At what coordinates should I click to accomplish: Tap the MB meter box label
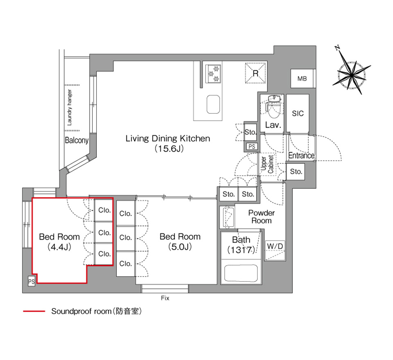[x=302, y=79]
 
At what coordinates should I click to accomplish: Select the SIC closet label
[x=298, y=113]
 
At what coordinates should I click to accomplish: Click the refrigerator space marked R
[x=255, y=73]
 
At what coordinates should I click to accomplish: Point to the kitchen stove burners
[x=213, y=74]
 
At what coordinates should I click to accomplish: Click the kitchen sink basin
[x=213, y=104]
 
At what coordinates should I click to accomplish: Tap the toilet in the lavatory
[x=274, y=107]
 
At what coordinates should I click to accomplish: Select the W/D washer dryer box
[x=275, y=250]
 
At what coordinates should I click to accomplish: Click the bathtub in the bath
[x=241, y=273]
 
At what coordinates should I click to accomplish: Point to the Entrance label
[x=301, y=155]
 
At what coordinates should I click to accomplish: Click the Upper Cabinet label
[x=267, y=164]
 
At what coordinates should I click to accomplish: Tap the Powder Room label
[x=262, y=217]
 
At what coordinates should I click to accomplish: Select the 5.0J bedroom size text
[x=180, y=247]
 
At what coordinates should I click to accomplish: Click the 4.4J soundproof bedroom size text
[x=59, y=247]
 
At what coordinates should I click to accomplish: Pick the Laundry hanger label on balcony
[x=70, y=108]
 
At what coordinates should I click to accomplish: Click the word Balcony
[x=77, y=140]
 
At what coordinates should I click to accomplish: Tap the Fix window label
[x=165, y=298]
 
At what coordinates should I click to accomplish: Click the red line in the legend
[x=34, y=311]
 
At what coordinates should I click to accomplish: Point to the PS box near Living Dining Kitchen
[x=252, y=146]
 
